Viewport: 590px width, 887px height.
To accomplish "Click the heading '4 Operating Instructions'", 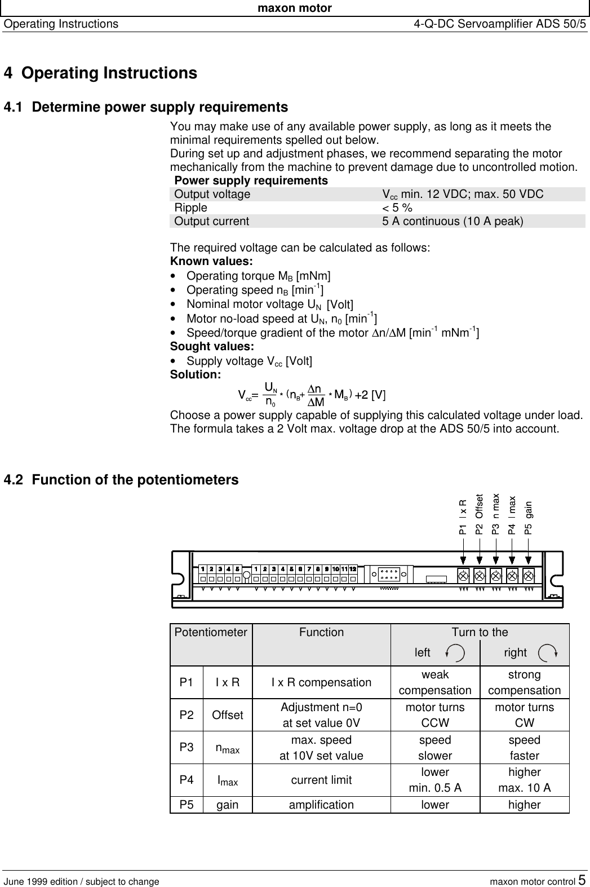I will coord(100,74).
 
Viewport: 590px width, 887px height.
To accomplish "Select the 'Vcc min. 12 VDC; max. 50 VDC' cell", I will coord(463,195).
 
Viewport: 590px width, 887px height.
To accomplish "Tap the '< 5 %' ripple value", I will coord(397,208).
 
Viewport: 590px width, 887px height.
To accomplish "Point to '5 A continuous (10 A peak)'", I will coord(453,222).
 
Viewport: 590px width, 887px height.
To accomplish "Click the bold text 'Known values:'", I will coord(211,262).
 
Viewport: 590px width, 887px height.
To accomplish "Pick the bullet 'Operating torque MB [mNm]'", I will coord(258,276).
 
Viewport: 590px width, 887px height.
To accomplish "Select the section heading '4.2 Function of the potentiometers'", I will coord(121,480).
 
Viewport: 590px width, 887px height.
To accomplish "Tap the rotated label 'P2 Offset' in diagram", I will coord(479,514).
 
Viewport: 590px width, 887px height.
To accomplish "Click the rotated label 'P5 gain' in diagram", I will coord(528,517).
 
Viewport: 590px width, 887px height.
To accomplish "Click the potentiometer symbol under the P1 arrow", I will coord(463,576).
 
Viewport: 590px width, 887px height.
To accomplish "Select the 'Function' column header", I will coord(321,633).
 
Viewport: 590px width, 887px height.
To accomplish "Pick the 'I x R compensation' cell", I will coord(321,683).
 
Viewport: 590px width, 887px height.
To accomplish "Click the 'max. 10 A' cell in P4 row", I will coord(524,788).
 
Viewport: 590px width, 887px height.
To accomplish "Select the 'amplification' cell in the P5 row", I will coord(321,805).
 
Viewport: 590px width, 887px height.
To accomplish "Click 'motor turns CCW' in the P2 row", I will coord(435,715).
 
